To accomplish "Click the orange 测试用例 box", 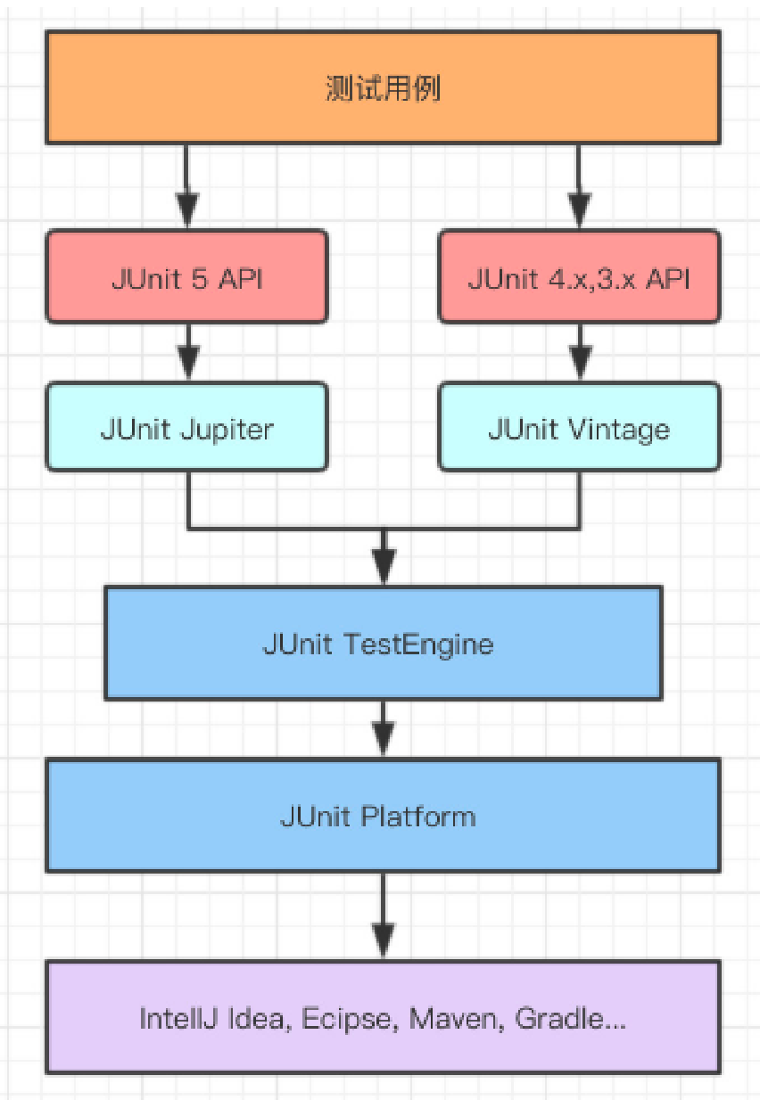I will pyautogui.click(x=383, y=87).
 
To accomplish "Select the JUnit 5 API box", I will pyautogui.click(x=186, y=277).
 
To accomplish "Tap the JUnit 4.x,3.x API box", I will pyautogui.click(x=579, y=277).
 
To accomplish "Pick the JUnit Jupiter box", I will pyautogui.click(x=186, y=428).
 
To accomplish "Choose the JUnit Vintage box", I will pyautogui.click(x=579, y=428).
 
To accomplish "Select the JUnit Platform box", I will pyautogui.click(x=383, y=816).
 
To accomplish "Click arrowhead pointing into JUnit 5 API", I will pyautogui.click(x=186, y=212).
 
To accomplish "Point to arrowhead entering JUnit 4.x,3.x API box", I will pyautogui.click(x=579, y=212).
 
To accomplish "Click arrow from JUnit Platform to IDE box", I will pyautogui.click(x=384, y=918).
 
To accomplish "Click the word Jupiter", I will pyautogui.click(x=227, y=429).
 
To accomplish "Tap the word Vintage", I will pyautogui.click(x=618, y=429).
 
